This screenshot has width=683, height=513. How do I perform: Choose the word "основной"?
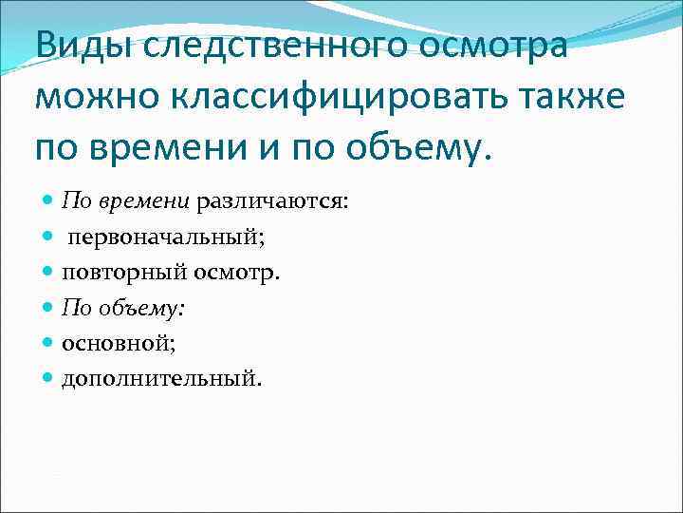click(x=111, y=343)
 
